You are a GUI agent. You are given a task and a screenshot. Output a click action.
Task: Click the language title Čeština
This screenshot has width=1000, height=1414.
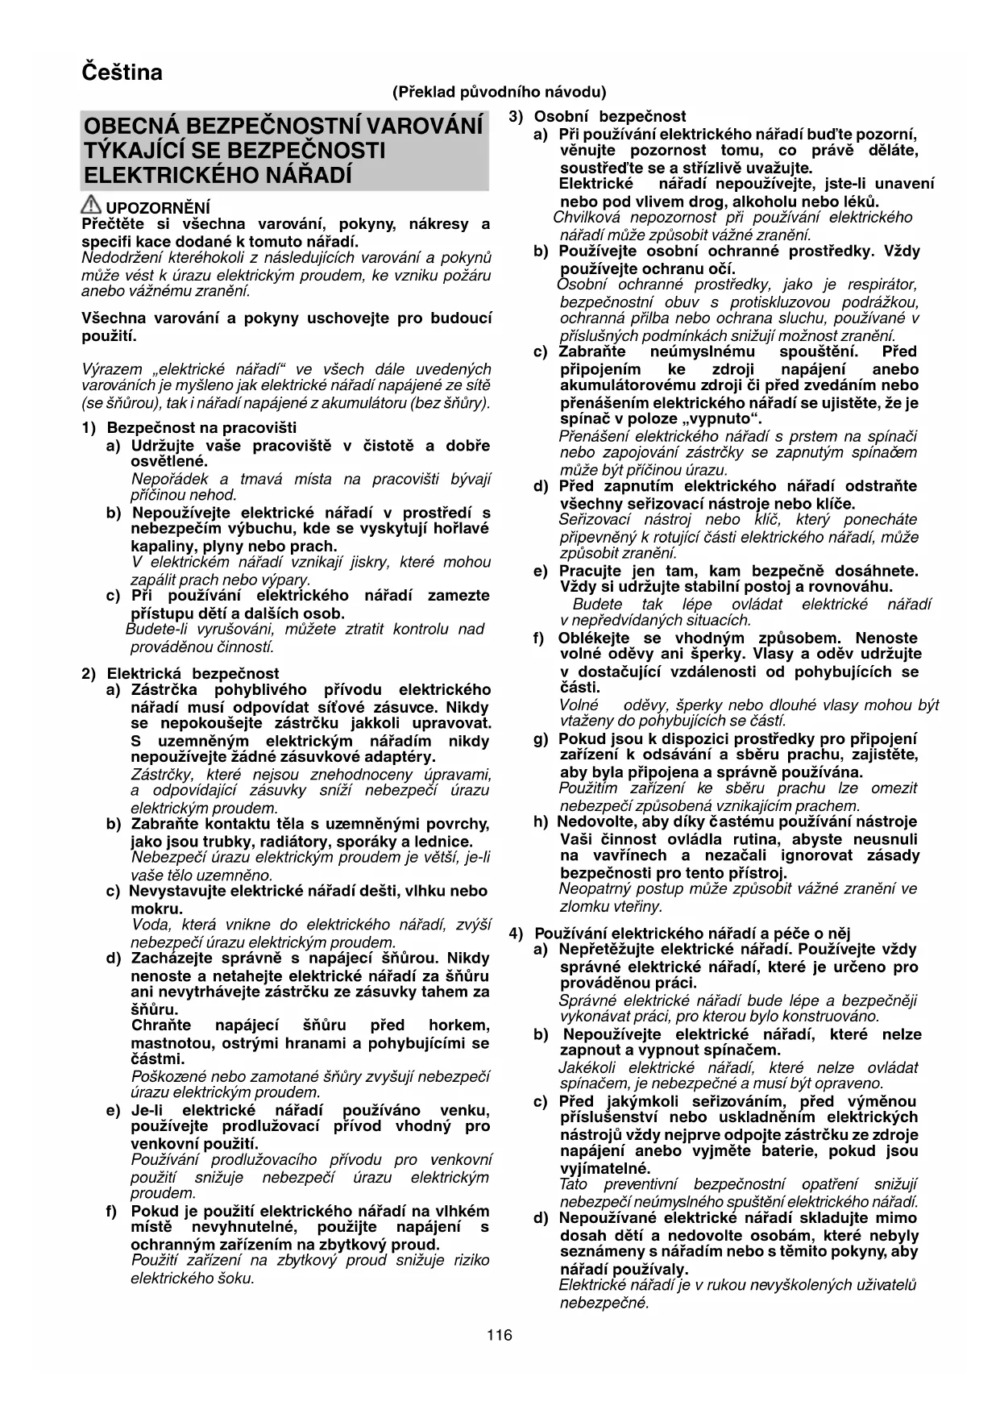click(x=122, y=73)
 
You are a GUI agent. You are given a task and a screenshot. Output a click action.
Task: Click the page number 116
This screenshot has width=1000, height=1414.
click(x=500, y=1335)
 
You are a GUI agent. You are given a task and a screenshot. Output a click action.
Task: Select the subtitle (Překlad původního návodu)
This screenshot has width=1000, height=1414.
click(x=500, y=92)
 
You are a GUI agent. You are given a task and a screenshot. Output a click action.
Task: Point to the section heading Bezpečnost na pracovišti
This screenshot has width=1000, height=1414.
click(x=201, y=427)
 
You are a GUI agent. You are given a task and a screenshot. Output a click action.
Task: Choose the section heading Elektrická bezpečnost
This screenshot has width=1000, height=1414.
click(x=193, y=673)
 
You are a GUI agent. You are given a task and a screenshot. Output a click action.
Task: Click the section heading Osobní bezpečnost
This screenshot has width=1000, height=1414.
click(x=610, y=117)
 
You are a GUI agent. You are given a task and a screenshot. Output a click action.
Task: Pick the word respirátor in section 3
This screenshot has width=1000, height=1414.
click(x=880, y=285)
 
